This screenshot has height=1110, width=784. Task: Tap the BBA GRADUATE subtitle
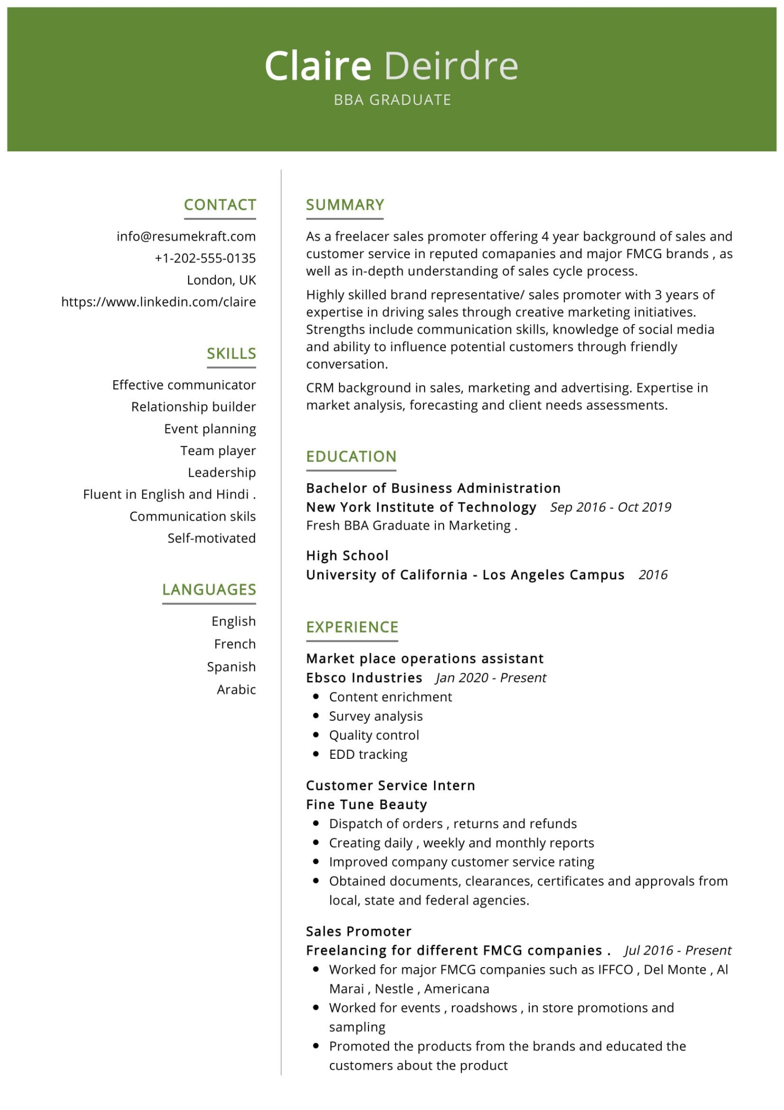coord(392,100)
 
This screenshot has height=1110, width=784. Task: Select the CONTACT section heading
coord(220,205)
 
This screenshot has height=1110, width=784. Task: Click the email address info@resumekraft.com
coord(186,236)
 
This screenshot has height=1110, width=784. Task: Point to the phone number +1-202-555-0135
coord(205,258)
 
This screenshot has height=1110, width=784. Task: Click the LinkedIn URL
coord(158,302)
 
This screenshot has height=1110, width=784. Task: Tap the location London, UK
coord(221,280)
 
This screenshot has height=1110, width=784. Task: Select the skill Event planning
coord(210,429)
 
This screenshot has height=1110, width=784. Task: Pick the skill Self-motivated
coord(211,538)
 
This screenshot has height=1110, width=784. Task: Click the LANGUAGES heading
coord(209,589)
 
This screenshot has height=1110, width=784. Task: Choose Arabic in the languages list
coord(236,689)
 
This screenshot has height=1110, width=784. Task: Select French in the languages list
coord(235,644)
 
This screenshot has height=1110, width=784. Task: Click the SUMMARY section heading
coord(345,205)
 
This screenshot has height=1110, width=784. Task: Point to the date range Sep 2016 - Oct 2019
coord(610,507)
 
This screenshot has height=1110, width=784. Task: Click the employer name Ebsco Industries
coord(364,678)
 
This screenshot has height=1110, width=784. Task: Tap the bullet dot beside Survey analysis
coord(316,716)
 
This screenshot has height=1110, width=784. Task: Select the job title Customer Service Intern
coord(390,785)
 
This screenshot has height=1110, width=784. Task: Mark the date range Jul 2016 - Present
coord(677,950)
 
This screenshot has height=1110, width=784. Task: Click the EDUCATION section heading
coord(351,457)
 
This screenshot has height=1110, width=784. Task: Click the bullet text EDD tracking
coord(368,754)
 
